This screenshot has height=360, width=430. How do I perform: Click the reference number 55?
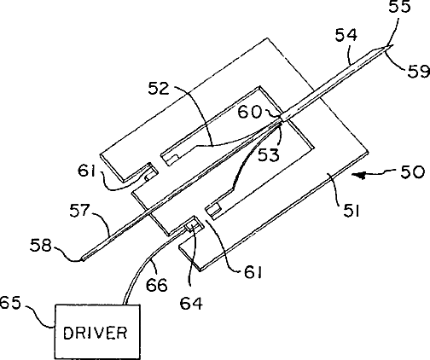(x=400, y=6)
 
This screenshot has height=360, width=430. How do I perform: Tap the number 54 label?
(x=346, y=35)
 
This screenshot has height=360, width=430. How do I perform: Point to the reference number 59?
(x=419, y=71)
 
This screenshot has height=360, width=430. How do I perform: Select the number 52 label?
(x=159, y=89)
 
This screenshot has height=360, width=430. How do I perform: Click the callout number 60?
(x=250, y=112)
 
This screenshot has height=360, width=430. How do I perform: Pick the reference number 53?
(x=269, y=155)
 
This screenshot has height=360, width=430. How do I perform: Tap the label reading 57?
(x=80, y=211)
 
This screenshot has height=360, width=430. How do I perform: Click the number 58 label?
(x=41, y=246)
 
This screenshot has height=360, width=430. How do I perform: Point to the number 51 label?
(x=352, y=211)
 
